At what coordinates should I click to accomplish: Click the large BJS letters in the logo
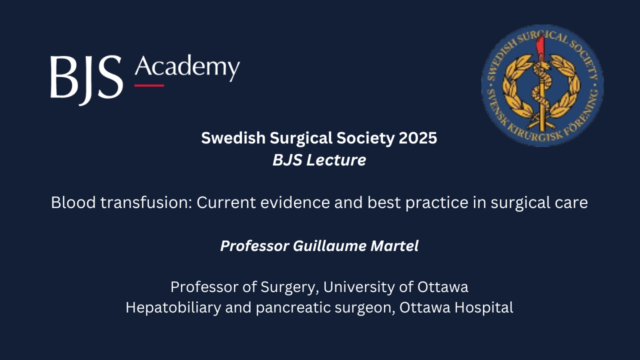click(x=86, y=79)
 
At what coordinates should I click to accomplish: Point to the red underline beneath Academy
click(x=149, y=85)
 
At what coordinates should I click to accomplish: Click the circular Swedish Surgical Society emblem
click(x=542, y=85)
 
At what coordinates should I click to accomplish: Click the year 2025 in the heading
click(x=418, y=138)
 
